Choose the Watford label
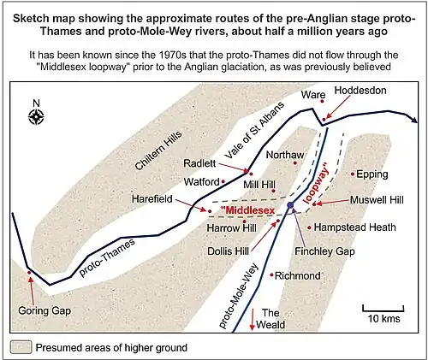[x=203, y=181]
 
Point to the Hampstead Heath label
[x=354, y=228]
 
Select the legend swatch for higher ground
[x=21, y=347]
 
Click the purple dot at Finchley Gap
[x=290, y=206]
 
